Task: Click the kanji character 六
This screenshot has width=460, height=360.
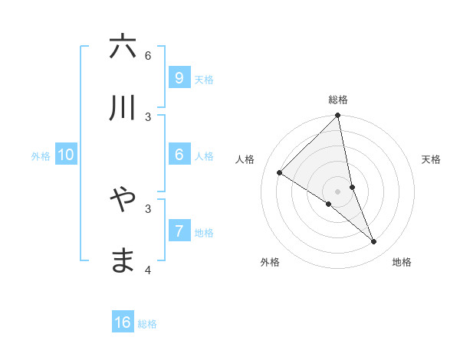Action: point(123,47)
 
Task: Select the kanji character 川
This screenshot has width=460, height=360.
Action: point(123,108)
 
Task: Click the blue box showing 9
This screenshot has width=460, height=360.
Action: point(179,77)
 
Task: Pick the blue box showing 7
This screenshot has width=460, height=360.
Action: point(179,231)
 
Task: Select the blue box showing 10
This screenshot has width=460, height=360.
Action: point(66,155)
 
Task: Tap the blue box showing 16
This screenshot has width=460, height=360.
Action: point(123,322)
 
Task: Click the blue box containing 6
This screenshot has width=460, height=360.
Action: point(179,154)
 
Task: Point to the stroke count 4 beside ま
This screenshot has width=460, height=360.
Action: point(148,270)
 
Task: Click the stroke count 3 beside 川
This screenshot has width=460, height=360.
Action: point(148,116)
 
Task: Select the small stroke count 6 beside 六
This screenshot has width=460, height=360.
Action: point(148,55)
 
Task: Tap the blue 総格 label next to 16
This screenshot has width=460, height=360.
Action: point(147,324)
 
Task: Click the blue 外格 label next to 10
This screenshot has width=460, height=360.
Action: point(41,156)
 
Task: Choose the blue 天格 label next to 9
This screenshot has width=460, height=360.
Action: point(203,80)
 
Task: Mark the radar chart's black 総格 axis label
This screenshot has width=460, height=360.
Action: point(338,100)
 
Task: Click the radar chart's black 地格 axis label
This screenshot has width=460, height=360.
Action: point(402,262)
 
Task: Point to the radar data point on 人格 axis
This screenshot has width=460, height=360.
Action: point(279,173)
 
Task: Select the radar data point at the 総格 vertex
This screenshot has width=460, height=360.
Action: point(338,116)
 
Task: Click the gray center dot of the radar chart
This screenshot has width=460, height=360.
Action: point(338,191)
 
